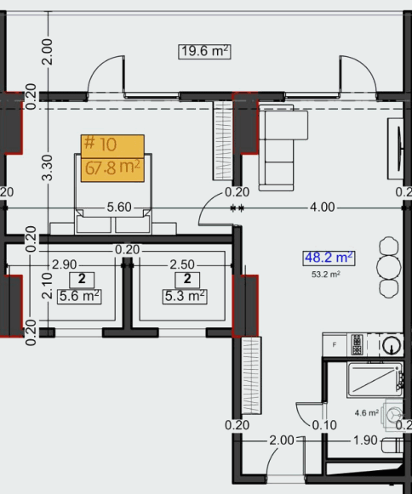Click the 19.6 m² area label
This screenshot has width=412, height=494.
tap(205, 51)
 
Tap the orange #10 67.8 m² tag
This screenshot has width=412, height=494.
tap(112, 157)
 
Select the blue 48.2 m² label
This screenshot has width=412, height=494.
tap(329, 257)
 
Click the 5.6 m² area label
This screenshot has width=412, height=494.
tap(80, 296)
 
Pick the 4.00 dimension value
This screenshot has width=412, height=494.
tap(322, 207)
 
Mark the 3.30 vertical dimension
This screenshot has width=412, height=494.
tap(48, 166)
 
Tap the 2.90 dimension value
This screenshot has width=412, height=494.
tap(65, 264)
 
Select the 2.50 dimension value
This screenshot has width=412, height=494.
tap(183, 264)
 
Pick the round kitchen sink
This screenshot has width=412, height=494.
tap(391, 344)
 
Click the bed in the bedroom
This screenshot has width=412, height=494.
tap(113, 191)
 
